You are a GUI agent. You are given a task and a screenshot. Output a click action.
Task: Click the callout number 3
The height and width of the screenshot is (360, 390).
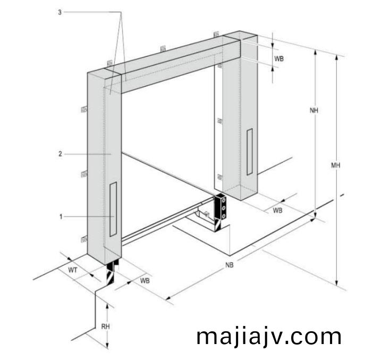tap(60, 12)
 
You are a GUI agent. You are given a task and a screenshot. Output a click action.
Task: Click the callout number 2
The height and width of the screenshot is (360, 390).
tap(60, 154)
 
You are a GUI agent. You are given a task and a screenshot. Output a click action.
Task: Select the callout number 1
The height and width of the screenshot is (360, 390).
tap(61, 216)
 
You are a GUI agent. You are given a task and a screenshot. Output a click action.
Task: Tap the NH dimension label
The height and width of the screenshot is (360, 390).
tap(314, 110)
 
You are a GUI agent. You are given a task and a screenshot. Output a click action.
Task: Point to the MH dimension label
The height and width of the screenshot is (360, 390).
tap(335, 165)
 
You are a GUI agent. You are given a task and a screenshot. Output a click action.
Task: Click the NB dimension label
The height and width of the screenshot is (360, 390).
tap(230, 265)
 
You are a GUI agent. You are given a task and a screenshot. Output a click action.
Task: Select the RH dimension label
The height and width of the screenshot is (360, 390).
tap(105, 326)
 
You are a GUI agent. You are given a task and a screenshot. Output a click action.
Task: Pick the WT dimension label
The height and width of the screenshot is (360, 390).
tap(72, 270)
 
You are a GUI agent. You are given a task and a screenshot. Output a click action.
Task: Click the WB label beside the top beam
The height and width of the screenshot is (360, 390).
tap(279, 58)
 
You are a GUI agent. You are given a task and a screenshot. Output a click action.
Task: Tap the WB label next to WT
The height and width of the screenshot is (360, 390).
tap(145, 281)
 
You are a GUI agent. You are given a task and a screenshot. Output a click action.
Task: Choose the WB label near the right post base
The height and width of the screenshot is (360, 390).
tap(277, 210)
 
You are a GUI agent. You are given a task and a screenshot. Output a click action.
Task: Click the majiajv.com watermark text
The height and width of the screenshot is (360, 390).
tap(269, 337)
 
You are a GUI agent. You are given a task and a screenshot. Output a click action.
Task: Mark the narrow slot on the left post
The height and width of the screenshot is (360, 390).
tap(113, 209)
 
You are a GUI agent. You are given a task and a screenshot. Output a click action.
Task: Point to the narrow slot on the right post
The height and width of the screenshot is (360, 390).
tap(250, 152)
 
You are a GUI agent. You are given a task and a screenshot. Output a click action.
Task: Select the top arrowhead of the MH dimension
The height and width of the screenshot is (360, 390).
tap(336, 58)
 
